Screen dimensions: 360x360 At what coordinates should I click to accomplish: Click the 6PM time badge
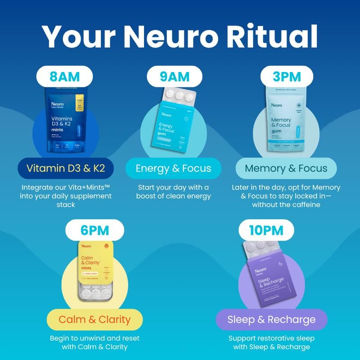click(94, 230)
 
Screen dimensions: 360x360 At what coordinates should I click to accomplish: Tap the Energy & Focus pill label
click(173, 168)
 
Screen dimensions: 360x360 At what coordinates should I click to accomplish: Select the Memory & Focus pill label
click(286, 168)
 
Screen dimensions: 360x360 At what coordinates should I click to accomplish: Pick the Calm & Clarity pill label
click(94, 320)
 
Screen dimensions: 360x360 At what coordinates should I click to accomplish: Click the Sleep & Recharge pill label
click(271, 320)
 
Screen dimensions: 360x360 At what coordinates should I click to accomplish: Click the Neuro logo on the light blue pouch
click(276, 105)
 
